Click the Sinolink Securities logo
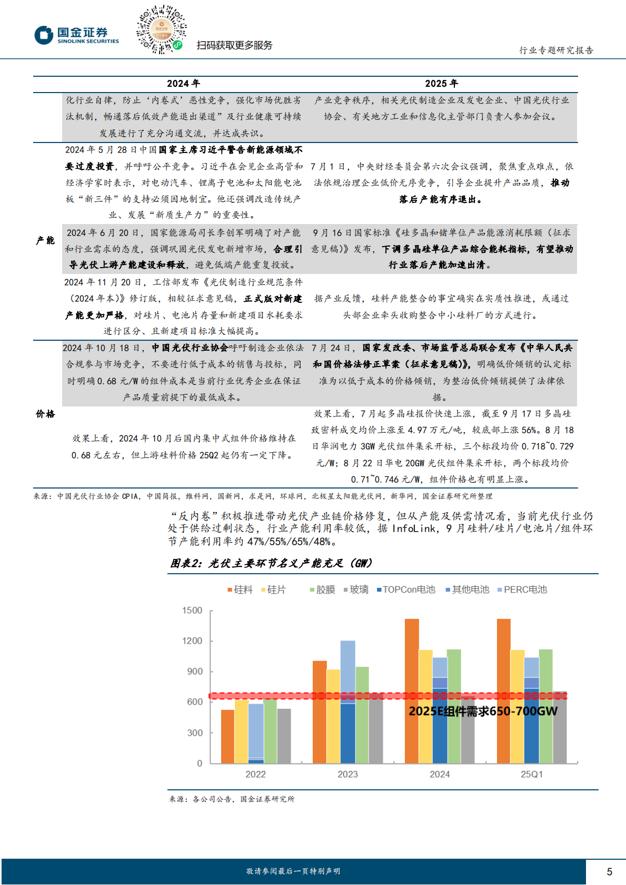(77, 35)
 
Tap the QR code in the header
(161, 29)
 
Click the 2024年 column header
(183, 84)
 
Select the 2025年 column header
(441, 84)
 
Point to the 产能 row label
(45, 240)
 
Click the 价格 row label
(45, 414)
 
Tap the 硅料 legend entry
(240, 589)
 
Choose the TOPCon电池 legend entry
(406, 589)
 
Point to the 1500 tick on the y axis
(192, 610)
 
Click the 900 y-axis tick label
(195, 671)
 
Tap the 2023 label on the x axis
(347, 774)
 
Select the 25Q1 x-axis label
(532, 774)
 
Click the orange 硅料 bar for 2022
(227, 736)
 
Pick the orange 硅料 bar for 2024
(412, 691)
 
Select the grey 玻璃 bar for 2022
(284, 736)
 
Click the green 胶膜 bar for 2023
(362, 715)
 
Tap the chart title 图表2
(271, 563)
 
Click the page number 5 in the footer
(609, 872)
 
